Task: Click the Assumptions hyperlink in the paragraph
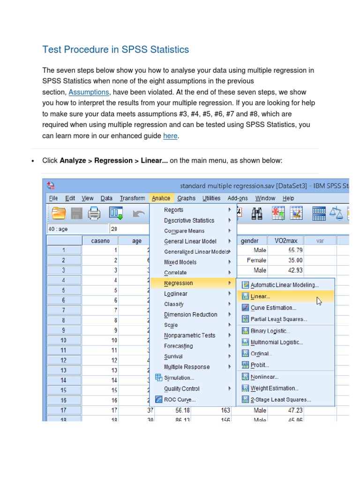point(89,92)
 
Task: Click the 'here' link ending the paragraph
point(170,136)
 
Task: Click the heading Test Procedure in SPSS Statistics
point(116,49)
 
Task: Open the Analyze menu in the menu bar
point(161,198)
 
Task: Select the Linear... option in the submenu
point(260,296)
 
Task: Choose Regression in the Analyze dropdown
point(178,283)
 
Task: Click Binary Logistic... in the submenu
point(270,331)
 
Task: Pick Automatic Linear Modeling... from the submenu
point(285,285)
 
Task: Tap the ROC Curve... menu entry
point(180,399)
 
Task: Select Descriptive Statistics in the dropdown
point(189,220)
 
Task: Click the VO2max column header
point(285,240)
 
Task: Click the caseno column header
point(100,240)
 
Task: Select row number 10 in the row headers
point(64,340)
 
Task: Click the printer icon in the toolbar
point(94,214)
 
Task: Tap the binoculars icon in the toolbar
point(257,214)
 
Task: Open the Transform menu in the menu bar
point(132,198)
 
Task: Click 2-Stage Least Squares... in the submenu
point(280,400)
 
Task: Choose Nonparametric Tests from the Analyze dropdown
point(189,335)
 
